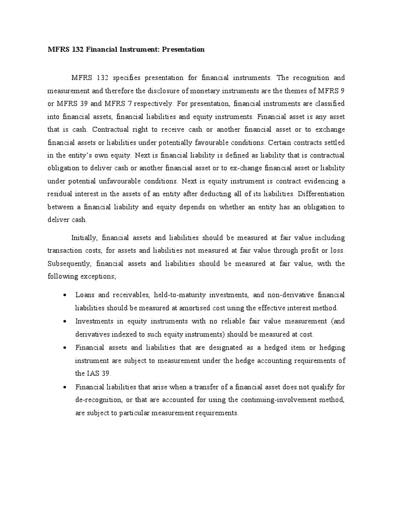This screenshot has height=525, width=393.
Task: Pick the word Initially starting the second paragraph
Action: coord(84,238)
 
